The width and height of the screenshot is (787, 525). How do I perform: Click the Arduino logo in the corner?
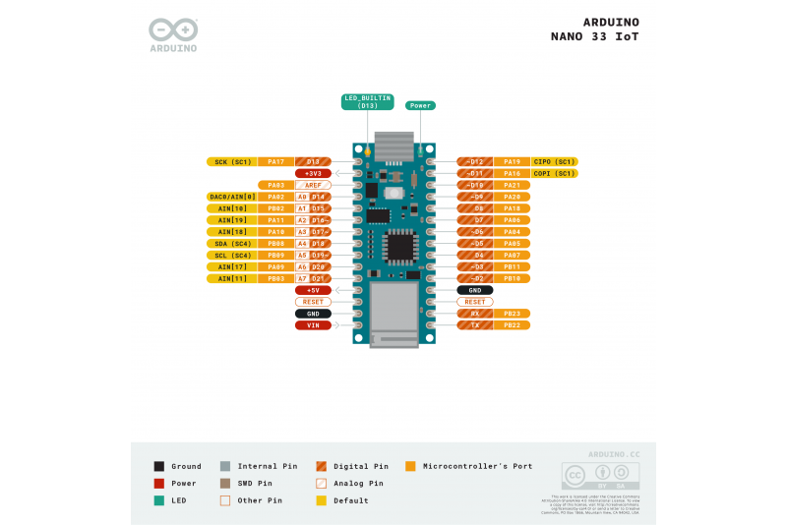(173, 34)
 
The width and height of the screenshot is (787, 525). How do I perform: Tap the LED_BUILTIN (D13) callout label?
(368, 101)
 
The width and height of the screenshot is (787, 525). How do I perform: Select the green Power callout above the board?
(420, 105)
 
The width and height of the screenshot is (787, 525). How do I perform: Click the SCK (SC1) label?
(232, 161)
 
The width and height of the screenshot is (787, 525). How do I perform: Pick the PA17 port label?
(275, 161)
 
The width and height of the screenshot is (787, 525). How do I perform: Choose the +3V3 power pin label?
(313, 173)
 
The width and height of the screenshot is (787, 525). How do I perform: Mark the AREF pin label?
(313, 185)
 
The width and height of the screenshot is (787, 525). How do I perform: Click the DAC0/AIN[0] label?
(232, 197)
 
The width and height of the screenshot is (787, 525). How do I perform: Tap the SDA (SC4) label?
(232, 243)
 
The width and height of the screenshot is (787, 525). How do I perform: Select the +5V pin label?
(313, 290)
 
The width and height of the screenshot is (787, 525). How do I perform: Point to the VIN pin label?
(313, 324)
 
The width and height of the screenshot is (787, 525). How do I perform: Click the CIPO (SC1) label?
(554, 161)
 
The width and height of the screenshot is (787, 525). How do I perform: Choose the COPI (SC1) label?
(554, 173)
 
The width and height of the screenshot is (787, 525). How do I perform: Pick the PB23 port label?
(512, 314)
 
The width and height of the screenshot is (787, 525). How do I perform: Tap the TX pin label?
(475, 324)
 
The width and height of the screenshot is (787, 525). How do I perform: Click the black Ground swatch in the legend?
(159, 466)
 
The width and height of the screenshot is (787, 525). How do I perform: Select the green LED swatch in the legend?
(159, 500)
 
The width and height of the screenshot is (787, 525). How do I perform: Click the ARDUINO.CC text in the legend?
(614, 454)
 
